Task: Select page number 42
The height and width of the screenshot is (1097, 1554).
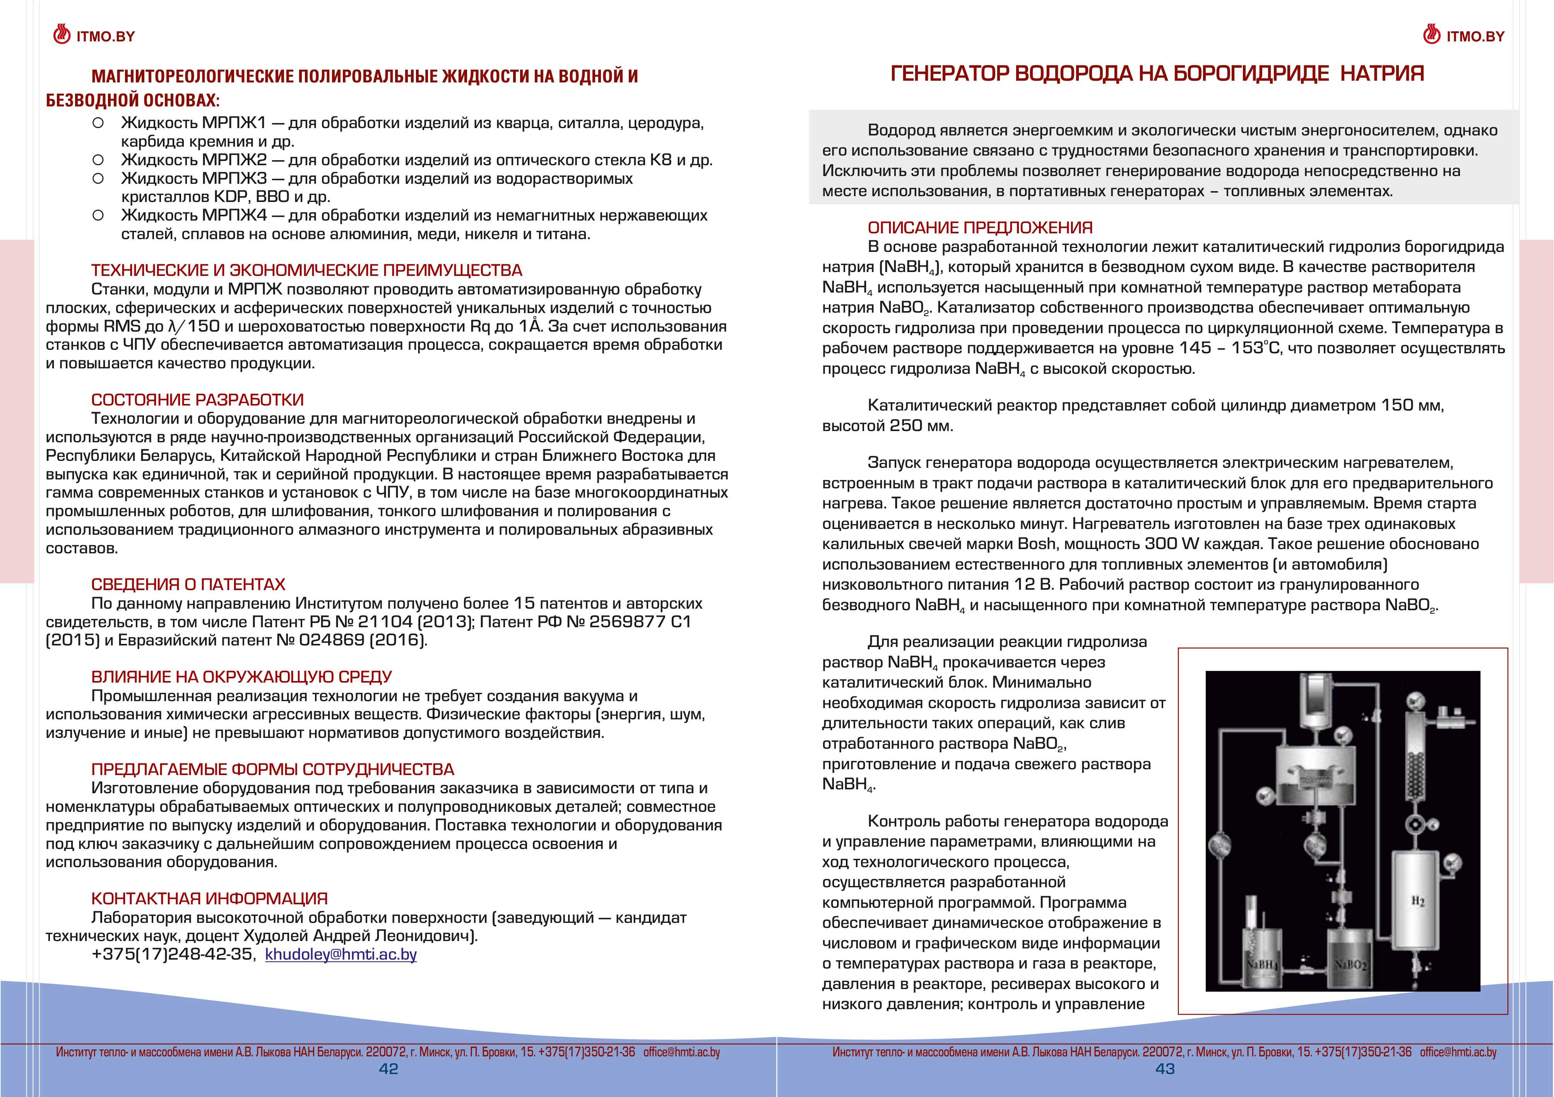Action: [x=388, y=1069]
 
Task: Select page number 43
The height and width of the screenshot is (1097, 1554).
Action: [x=1165, y=1069]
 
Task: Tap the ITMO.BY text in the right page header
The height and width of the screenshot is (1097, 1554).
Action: [x=1475, y=36]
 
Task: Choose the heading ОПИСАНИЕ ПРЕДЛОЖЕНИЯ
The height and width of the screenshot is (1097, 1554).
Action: [x=980, y=228]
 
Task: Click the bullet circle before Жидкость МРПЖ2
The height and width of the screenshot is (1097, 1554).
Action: [x=98, y=160]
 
